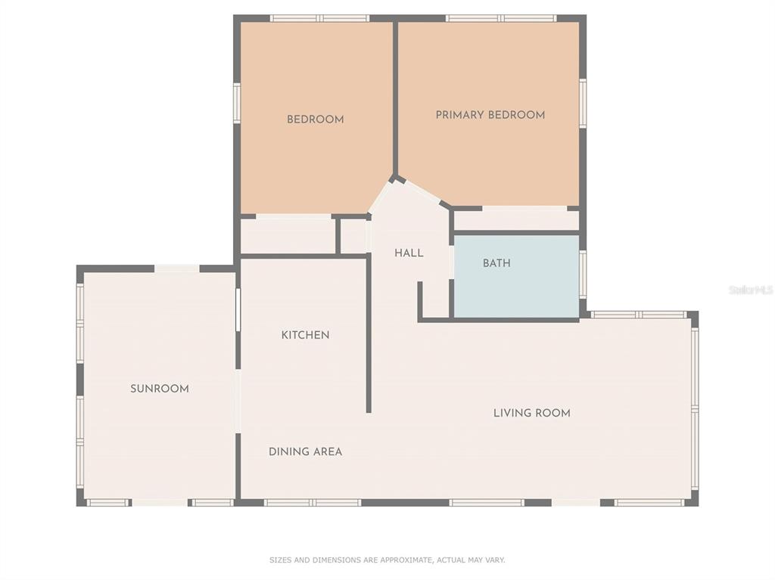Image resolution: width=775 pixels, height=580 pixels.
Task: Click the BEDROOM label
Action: pyautogui.click(x=316, y=119)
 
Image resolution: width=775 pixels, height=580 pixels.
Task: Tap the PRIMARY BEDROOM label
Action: pyautogui.click(x=490, y=115)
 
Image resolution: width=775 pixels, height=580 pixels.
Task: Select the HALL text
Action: pyautogui.click(x=409, y=253)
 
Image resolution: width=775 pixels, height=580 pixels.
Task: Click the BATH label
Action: pyautogui.click(x=496, y=263)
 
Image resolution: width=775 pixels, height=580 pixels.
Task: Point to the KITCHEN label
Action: pyautogui.click(x=306, y=335)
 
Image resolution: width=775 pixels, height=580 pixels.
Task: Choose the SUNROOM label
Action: pyautogui.click(x=160, y=389)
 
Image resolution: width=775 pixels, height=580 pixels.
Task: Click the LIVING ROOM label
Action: pyautogui.click(x=532, y=413)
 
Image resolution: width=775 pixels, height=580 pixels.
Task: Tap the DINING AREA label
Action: pyautogui.click(x=306, y=451)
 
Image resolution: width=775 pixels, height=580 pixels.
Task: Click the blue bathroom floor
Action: pyautogui.click(x=516, y=277)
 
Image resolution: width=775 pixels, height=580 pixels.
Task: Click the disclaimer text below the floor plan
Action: pyautogui.click(x=387, y=560)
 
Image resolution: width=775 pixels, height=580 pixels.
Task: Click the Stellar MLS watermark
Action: pyautogui.click(x=751, y=290)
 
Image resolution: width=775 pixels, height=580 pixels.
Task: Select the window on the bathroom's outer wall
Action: pyautogui.click(x=583, y=274)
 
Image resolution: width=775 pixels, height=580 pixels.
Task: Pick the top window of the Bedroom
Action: pyautogui.click(x=320, y=18)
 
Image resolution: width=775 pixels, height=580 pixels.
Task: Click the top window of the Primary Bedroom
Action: pyautogui.click(x=501, y=18)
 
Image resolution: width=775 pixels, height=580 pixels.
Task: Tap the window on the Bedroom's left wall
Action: pyautogui.click(x=237, y=103)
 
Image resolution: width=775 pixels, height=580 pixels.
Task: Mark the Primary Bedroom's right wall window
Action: pyautogui.click(x=583, y=103)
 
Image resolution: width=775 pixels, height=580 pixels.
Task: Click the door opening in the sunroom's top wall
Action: pyautogui.click(x=177, y=268)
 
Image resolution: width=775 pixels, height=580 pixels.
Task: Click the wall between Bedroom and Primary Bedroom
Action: pyautogui.click(x=395, y=99)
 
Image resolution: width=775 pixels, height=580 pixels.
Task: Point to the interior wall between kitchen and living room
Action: pyautogui.click(x=369, y=333)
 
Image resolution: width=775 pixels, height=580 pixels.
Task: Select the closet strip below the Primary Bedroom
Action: pyautogui.click(x=516, y=220)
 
